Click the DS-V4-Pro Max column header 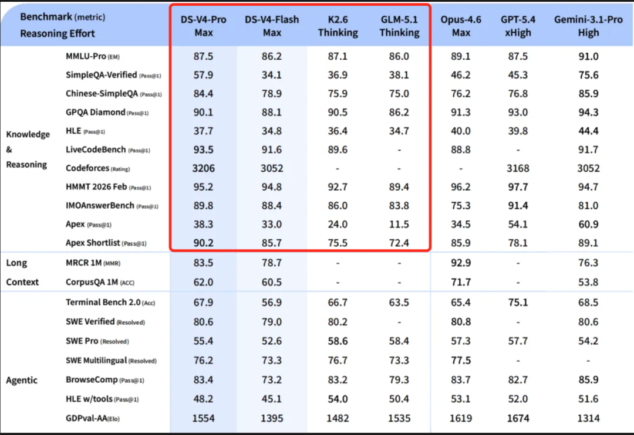point(204,26)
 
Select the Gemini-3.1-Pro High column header point(588,26)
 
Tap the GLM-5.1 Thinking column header point(399,26)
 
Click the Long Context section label point(22,273)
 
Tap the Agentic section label point(22,380)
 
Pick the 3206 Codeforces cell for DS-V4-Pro point(204,168)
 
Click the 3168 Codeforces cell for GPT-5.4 point(518,168)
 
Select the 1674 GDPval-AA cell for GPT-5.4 point(518,418)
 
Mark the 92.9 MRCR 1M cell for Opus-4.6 point(461,263)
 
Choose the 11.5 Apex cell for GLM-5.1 point(399,224)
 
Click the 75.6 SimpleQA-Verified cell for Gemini point(588,75)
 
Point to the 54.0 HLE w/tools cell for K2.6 point(338,399)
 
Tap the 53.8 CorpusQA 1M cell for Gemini point(588,282)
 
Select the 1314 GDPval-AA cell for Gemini point(588,418)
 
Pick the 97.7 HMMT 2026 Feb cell point(518,187)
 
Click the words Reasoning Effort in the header point(58,33)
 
